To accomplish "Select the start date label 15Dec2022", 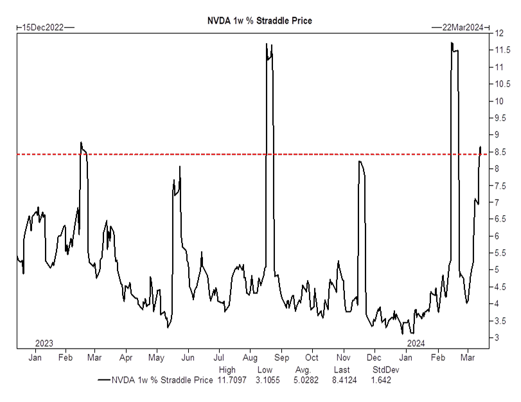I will tap(43, 27).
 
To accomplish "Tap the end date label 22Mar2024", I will tap(462, 27).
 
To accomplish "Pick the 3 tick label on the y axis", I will tap(498, 338).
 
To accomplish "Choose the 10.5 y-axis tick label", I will tap(503, 84).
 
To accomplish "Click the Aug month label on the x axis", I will tap(250, 357).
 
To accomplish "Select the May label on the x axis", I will tap(157, 357).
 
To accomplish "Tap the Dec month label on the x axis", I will tap(375, 357).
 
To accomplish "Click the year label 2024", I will tap(416, 343).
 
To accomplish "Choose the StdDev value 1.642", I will tap(382, 380).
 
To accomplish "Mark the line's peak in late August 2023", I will tap(266, 44).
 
